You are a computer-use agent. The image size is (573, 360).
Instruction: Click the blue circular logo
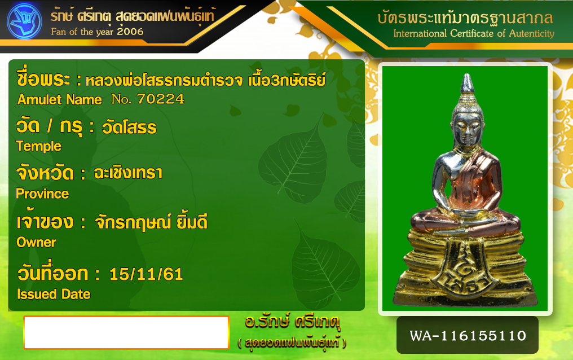click(x=24, y=21)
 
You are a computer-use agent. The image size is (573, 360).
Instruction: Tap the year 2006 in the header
click(x=130, y=32)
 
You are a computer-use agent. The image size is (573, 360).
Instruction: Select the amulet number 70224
click(x=160, y=99)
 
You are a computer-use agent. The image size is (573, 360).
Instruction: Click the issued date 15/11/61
click(x=146, y=274)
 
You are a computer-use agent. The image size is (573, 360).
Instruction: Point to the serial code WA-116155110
click(x=468, y=336)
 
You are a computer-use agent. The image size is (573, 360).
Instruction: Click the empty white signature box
click(x=126, y=332)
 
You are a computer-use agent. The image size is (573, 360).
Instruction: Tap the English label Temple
click(x=39, y=146)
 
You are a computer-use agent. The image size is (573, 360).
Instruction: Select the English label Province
click(x=42, y=194)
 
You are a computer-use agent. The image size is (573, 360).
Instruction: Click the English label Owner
click(x=36, y=242)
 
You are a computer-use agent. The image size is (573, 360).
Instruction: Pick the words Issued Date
click(x=54, y=294)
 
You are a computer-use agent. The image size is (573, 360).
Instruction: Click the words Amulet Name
click(x=60, y=99)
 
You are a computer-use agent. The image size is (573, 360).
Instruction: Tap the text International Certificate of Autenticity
click(x=474, y=33)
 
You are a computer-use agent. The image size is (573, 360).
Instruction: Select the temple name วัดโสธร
click(x=129, y=128)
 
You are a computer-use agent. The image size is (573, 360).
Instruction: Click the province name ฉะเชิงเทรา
click(x=128, y=173)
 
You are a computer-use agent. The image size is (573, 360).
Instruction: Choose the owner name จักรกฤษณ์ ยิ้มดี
click(x=151, y=222)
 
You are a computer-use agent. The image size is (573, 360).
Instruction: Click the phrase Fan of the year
click(x=82, y=32)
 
